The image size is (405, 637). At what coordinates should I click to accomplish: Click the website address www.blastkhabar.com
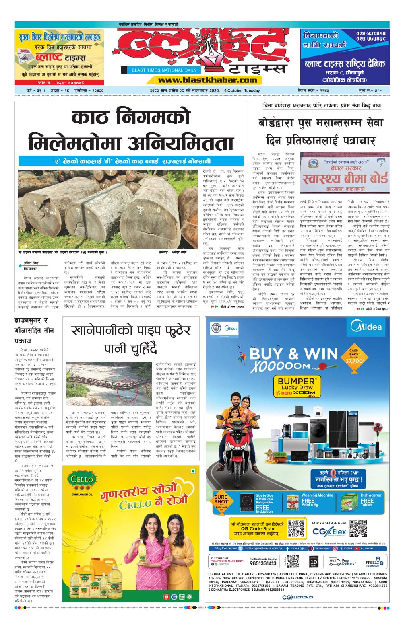click(x=207, y=80)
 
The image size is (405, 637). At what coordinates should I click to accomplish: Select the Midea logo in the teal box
click(x=366, y=326)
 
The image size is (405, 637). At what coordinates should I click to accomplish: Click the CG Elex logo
click(x=329, y=532)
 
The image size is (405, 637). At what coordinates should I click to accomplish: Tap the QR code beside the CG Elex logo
click(x=358, y=528)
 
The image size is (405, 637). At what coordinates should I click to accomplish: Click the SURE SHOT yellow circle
click(x=221, y=503)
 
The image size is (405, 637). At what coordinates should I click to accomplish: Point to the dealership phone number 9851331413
click(x=263, y=563)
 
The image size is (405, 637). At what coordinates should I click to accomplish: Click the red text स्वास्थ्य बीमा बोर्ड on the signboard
click(x=345, y=177)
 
